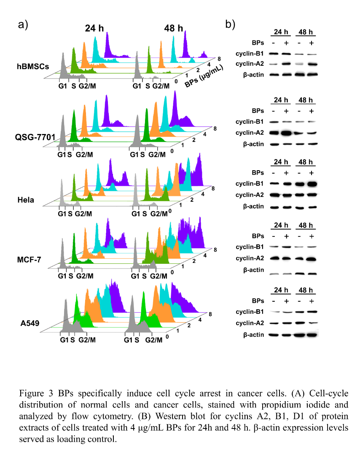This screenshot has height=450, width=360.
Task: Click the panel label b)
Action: pos(230,24)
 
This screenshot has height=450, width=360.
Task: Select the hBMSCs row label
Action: pos(33,66)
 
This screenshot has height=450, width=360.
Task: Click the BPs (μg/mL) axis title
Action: pos(204,72)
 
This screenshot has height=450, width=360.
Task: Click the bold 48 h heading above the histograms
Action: pos(174,29)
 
